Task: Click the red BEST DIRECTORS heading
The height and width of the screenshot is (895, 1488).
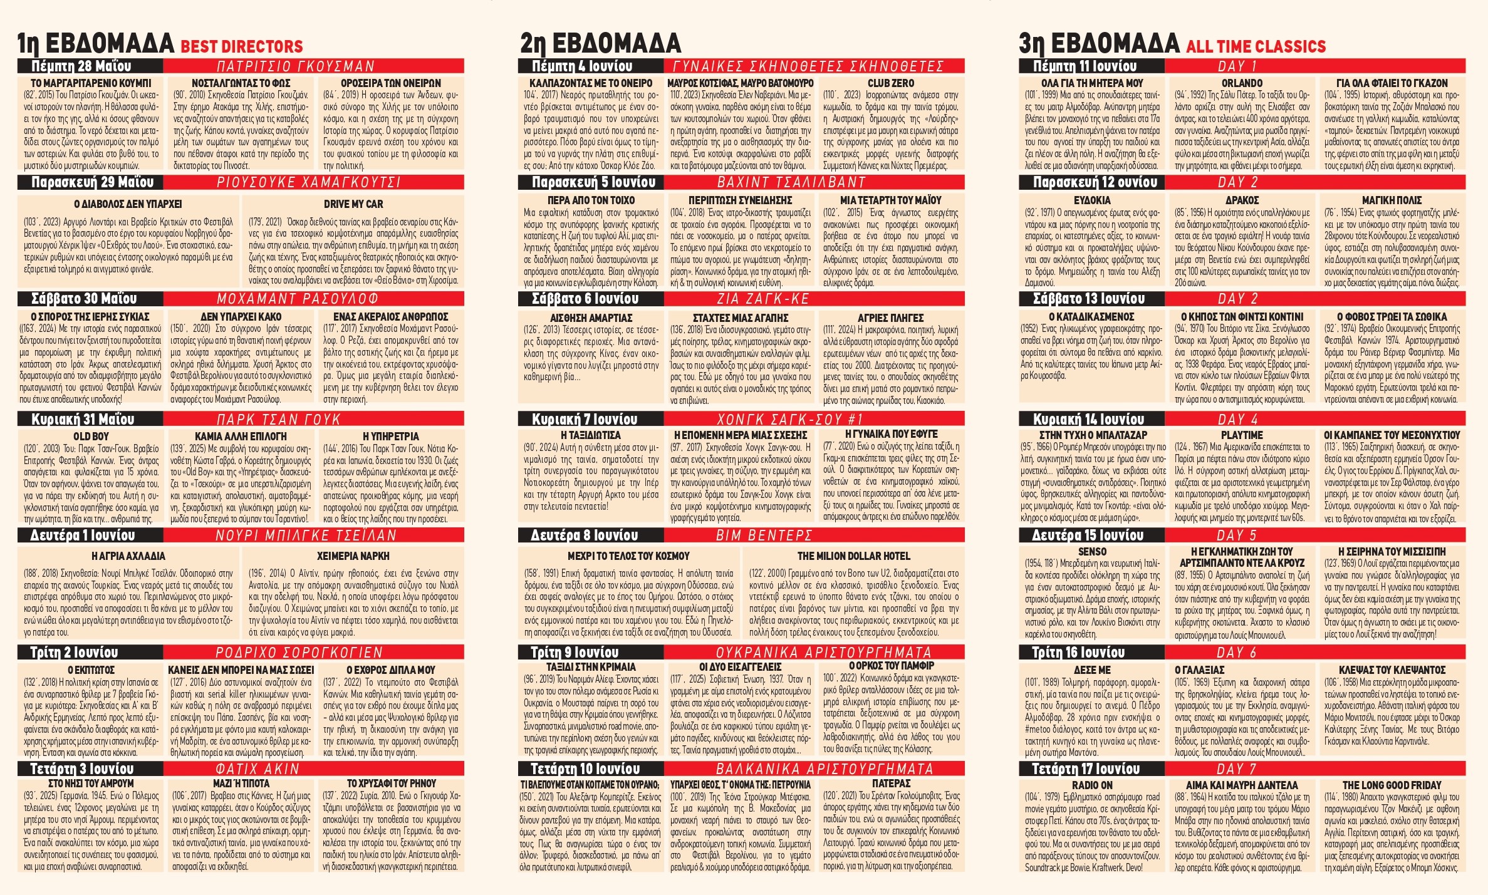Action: [x=241, y=46]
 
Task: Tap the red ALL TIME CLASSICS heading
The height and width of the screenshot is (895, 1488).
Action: [x=1256, y=46]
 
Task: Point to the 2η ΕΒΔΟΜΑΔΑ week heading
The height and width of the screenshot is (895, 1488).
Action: [x=600, y=43]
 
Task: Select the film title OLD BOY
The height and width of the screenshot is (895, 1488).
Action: [x=91, y=436]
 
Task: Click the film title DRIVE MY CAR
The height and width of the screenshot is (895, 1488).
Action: [x=353, y=204]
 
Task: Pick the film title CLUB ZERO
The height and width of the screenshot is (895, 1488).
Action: [x=890, y=83]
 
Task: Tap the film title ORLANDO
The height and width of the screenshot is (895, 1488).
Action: [x=1242, y=83]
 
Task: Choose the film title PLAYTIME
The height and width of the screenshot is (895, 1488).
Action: [x=1242, y=435]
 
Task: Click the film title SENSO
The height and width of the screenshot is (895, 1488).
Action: [x=1092, y=551]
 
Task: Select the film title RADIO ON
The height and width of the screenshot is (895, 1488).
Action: [x=1092, y=785]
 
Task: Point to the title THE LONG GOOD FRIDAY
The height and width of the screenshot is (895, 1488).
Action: [x=1392, y=785]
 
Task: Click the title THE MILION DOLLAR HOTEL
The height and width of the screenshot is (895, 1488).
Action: [x=853, y=556]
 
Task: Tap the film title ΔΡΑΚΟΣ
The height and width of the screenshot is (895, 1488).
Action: [x=1242, y=200]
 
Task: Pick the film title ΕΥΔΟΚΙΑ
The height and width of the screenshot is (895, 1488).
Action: [x=1092, y=200]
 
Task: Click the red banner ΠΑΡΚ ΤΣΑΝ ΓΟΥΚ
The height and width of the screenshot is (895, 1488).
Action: [x=278, y=419]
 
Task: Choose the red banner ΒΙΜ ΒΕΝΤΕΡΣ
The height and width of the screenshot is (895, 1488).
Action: [x=764, y=535]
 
